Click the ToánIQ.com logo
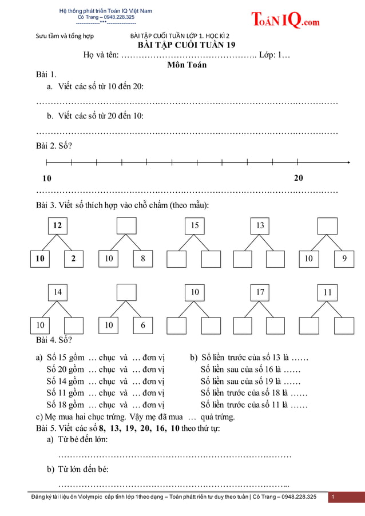tap(285, 20)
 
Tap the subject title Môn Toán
tap(187, 65)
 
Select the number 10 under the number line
tap(47, 178)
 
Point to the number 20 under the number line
tap(299, 178)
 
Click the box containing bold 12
tap(57, 225)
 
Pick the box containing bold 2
tap(73, 259)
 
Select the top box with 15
tap(195, 225)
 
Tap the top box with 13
tap(260, 225)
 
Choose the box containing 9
tap(344, 259)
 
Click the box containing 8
tap(143, 259)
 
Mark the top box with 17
tap(260, 292)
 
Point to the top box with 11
tap(328, 292)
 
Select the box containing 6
tap(143, 325)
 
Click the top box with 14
tap(57, 292)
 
